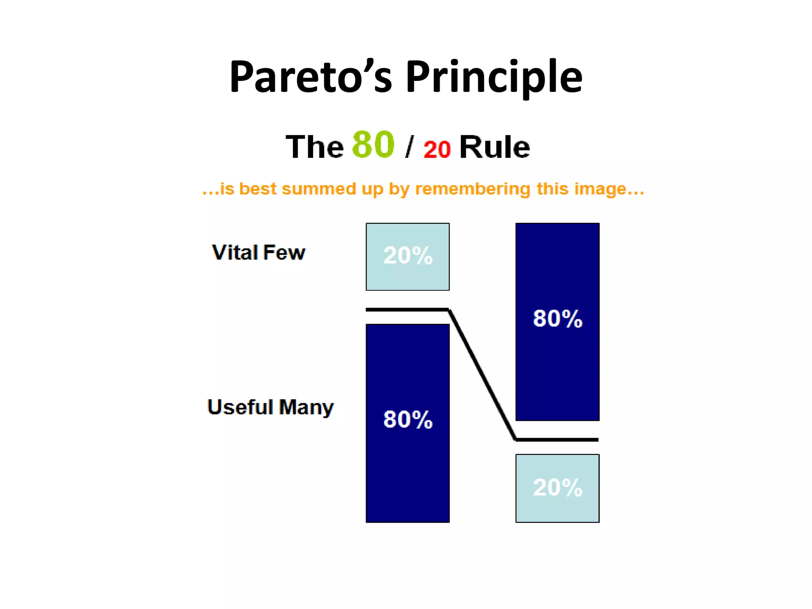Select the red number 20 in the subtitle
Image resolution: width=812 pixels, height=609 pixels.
(437, 149)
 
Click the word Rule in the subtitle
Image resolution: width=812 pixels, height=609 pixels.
(494, 147)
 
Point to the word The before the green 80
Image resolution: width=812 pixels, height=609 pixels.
(314, 147)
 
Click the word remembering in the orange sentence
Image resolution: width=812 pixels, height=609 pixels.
(472, 189)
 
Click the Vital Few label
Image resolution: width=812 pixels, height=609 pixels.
(259, 253)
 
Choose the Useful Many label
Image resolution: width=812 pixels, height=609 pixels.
(270, 407)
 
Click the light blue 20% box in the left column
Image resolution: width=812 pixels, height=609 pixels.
(408, 257)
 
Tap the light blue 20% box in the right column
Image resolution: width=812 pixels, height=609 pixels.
(557, 488)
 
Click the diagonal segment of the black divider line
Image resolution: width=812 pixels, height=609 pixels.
(482, 375)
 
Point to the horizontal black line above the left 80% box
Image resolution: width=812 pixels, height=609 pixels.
(407, 310)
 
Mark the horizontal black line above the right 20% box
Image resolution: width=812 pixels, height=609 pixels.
(557, 440)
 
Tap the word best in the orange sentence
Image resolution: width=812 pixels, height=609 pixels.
(257, 189)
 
